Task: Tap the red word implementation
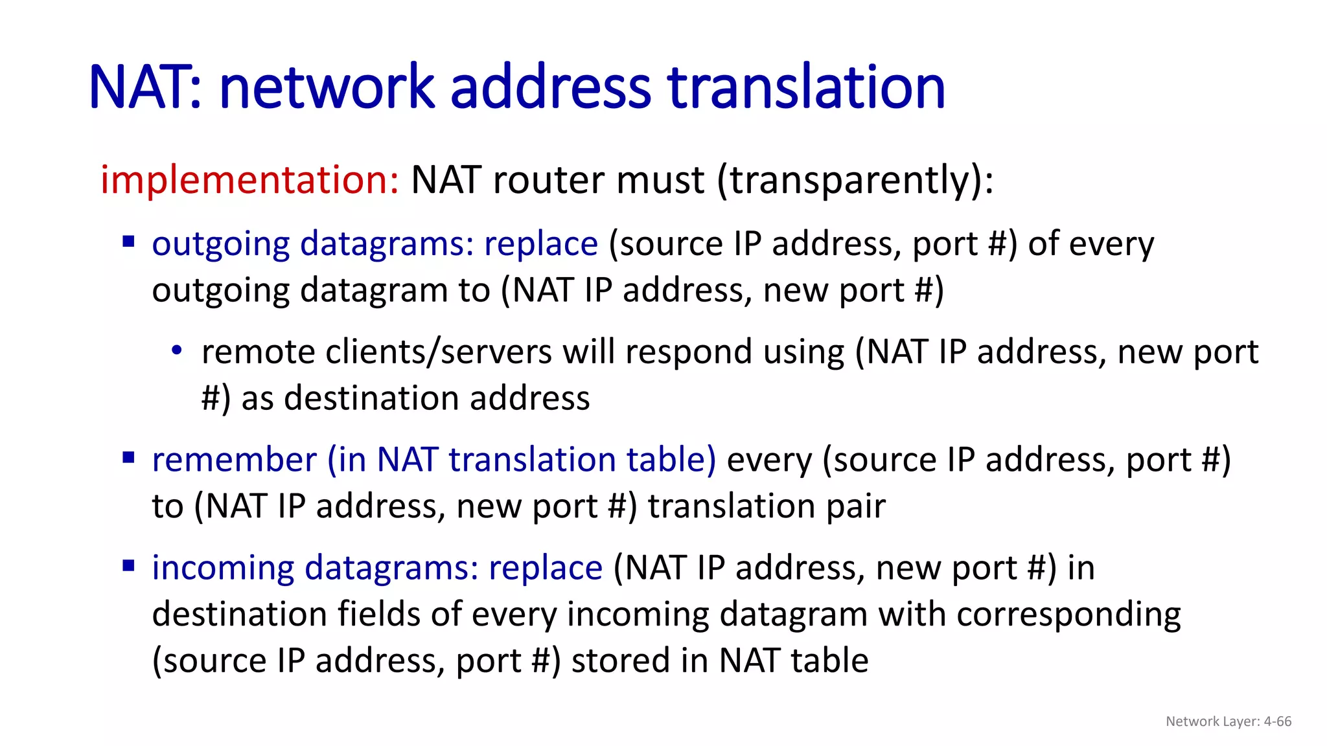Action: [x=249, y=179]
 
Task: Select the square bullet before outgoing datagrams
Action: [x=128, y=242]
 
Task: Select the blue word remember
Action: [x=234, y=460]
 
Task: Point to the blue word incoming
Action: [x=223, y=569]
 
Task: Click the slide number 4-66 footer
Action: [x=1277, y=721]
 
